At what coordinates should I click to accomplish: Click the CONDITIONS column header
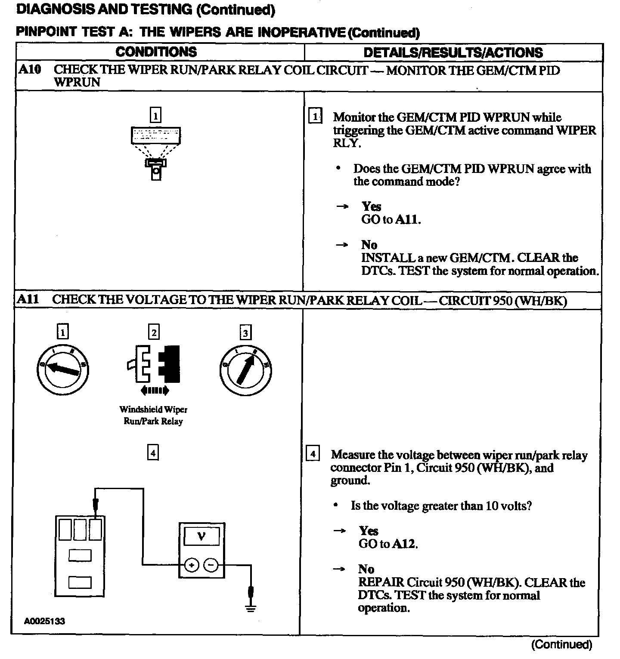point(156,52)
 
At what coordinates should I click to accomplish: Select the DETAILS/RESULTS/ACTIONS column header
point(453,52)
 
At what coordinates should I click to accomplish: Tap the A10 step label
point(30,70)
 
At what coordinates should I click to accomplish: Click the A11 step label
point(28,300)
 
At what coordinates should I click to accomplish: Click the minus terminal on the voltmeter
point(211,565)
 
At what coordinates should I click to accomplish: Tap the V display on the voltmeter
point(201,536)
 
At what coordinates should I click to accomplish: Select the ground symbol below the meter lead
point(251,608)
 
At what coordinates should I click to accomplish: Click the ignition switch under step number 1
point(63,370)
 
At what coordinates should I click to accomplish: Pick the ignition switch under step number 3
point(245,370)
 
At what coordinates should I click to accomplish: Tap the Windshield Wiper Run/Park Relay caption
point(153,416)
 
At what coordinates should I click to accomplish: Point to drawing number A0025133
point(44,621)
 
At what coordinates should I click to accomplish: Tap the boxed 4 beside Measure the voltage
point(313,454)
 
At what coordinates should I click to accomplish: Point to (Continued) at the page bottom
point(561,644)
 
